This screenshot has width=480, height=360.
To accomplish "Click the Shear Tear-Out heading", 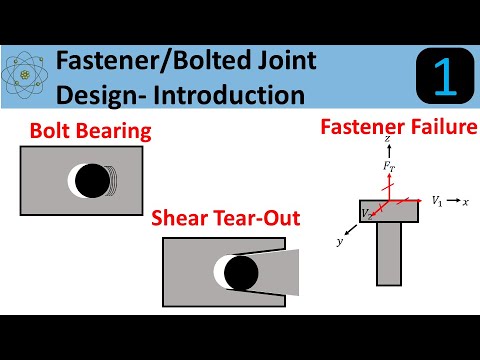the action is coord(225,218).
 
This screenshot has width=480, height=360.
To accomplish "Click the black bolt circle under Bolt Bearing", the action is coord(92,180).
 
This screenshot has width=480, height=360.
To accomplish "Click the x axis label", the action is coord(466,202).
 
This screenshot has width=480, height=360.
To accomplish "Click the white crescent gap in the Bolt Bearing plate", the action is coord(72,180).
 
